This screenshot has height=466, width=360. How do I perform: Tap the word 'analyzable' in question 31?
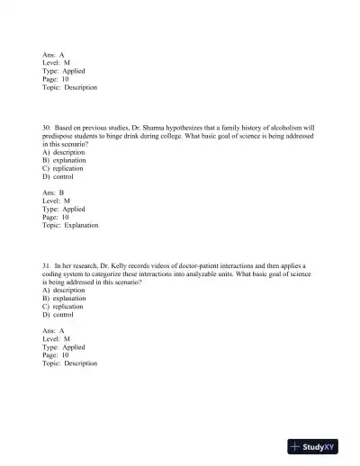[x=218, y=274]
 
